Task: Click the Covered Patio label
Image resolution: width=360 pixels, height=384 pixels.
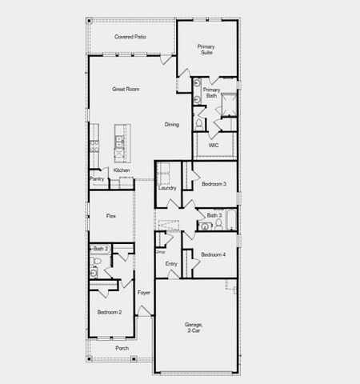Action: pyautogui.click(x=130, y=37)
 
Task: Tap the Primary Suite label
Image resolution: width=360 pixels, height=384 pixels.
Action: pyautogui.click(x=206, y=50)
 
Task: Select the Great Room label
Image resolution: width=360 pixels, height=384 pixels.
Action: pyautogui.click(x=126, y=89)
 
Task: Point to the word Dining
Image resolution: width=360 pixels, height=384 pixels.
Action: pyautogui.click(x=172, y=125)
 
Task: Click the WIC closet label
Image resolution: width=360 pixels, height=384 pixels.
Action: pyautogui.click(x=214, y=146)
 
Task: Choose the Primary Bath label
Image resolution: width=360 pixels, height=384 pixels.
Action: pyautogui.click(x=211, y=93)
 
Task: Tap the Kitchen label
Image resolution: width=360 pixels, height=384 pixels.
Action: pyautogui.click(x=122, y=170)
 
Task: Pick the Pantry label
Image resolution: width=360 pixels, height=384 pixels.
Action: pyautogui.click(x=97, y=180)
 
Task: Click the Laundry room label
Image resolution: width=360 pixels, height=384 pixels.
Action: pyautogui.click(x=167, y=188)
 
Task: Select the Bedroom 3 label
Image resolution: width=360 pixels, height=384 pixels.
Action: pyautogui.click(x=214, y=185)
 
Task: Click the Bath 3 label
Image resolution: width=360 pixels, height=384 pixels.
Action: pyautogui.click(x=214, y=216)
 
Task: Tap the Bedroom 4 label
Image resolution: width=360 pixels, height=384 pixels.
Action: pyautogui.click(x=214, y=255)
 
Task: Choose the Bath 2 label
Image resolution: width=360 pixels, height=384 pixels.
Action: pyautogui.click(x=100, y=250)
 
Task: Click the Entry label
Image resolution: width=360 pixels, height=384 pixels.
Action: pyautogui.click(x=171, y=264)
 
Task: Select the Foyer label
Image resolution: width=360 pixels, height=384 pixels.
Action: pyautogui.click(x=144, y=293)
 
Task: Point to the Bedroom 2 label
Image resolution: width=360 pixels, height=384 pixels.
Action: pyautogui.click(x=110, y=312)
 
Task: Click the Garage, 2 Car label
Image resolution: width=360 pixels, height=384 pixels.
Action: pyautogui.click(x=195, y=327)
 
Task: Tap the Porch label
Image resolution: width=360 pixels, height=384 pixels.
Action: pyautogui.click(x=122, y=349)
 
